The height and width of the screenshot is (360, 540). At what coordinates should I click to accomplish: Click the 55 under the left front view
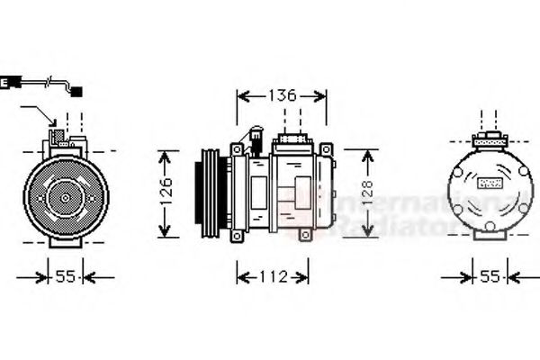pyautogui.click(x=65, y=277)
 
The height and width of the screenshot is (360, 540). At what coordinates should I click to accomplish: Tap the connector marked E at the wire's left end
pyautogui.click(x=6, y=83)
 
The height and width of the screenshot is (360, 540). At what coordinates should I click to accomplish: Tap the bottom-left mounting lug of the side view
pyautogui.click(x=237, y=236)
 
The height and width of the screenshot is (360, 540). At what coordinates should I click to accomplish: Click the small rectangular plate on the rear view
pyautogui.click(x=491, y=183)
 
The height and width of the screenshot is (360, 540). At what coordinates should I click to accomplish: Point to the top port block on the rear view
pyautogui.click(x=490, y=139)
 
